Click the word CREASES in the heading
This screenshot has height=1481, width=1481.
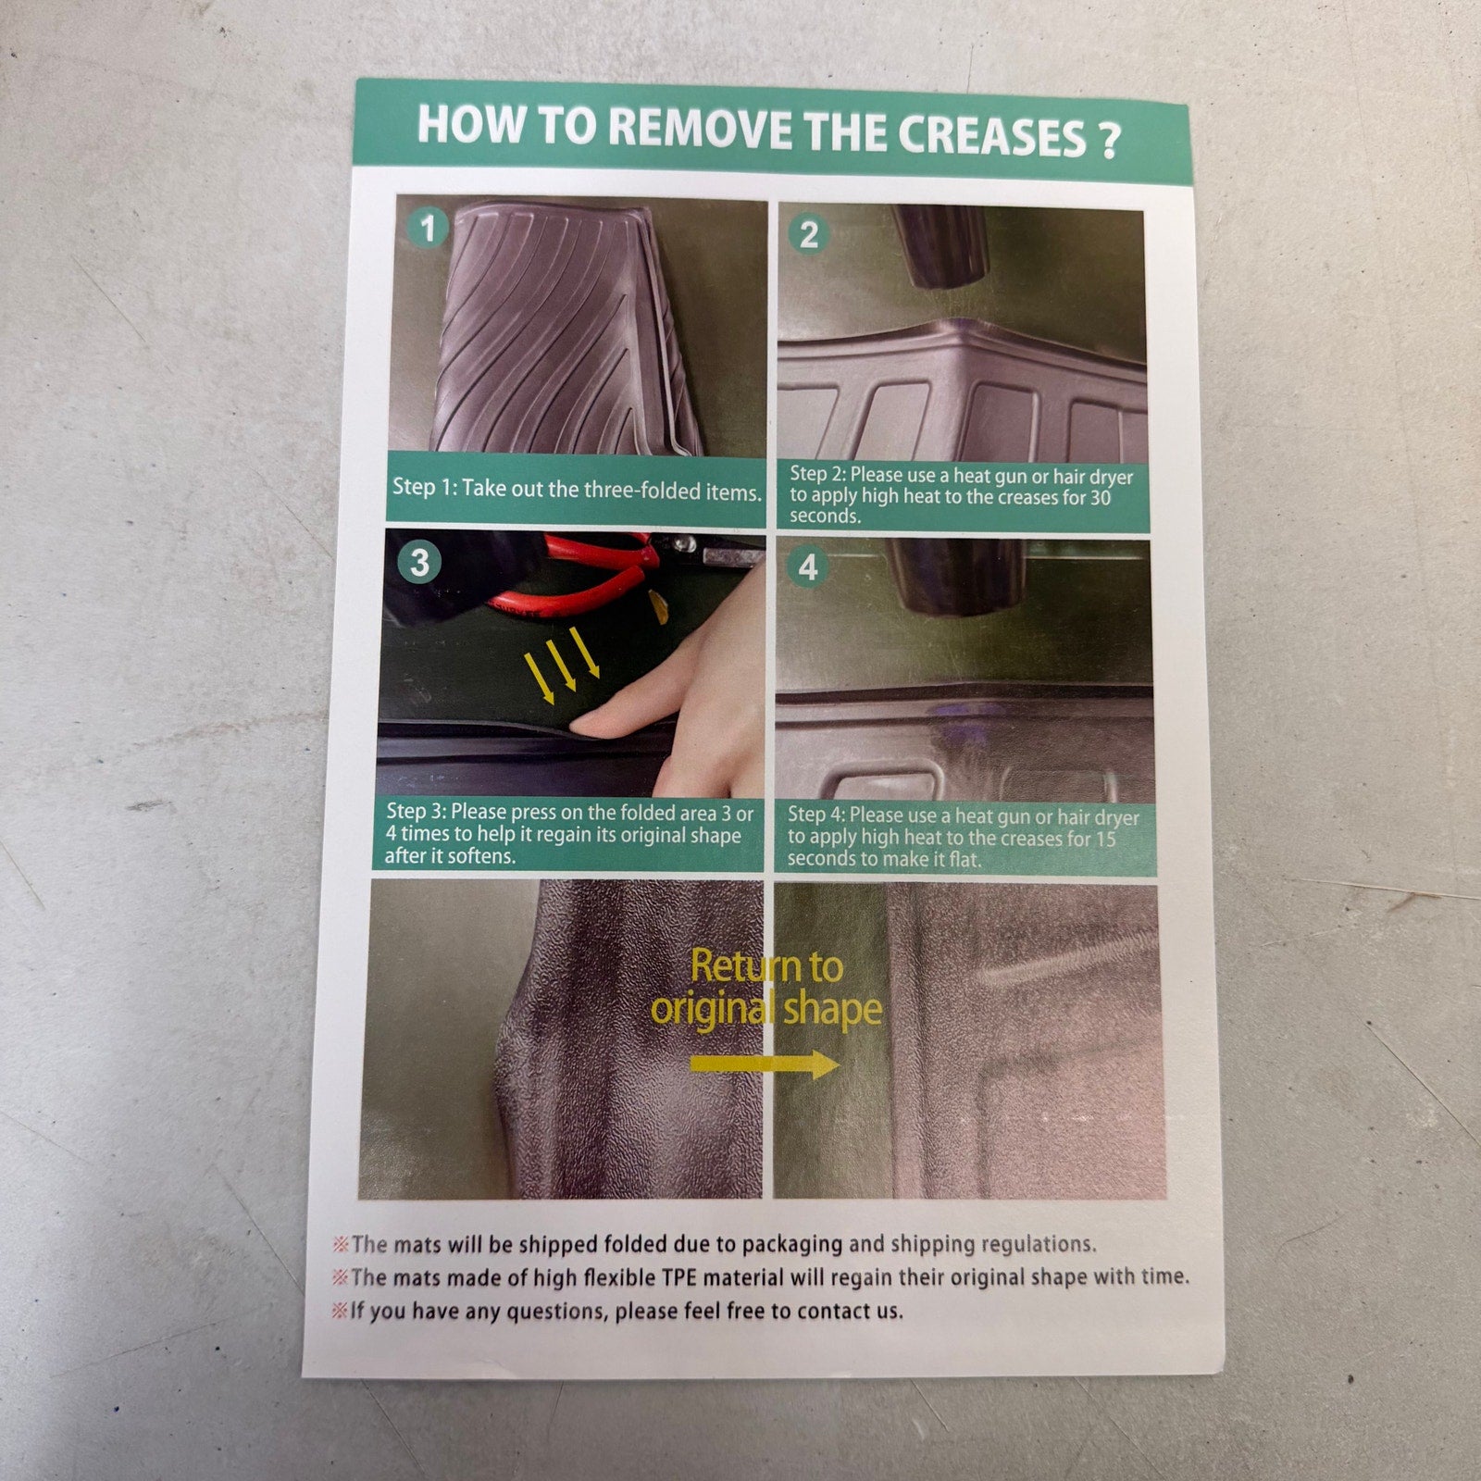click(x=992, y=136)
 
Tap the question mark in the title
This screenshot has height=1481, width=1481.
click(x=1108, y=140)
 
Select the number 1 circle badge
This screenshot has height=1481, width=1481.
click(x=428, y=228)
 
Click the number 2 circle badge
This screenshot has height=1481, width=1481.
click(x=809, y=234)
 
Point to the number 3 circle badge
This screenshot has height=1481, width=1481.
click(x=419, y=562)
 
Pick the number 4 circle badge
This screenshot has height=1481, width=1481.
click(x=808, y=566)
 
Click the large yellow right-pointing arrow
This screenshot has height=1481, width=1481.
click(x=765, y=1065)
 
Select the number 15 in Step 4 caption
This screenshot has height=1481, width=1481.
click(x=1105, y=840)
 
